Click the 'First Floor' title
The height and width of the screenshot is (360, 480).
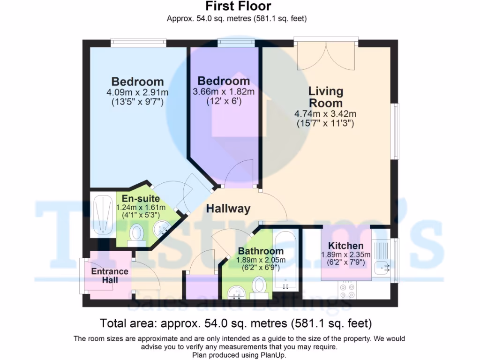[238, 7]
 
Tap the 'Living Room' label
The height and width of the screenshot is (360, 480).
[325, 97]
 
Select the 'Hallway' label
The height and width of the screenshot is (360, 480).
[228, 209]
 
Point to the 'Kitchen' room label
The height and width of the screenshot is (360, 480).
[345, 246]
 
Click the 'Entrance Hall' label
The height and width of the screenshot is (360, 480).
[110, 276]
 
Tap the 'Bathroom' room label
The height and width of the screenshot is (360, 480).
[261, 251]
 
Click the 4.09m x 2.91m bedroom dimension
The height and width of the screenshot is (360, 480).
[137, 92]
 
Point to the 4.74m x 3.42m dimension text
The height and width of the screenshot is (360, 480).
[325, 114]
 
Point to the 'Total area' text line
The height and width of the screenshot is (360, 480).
[236, 323]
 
